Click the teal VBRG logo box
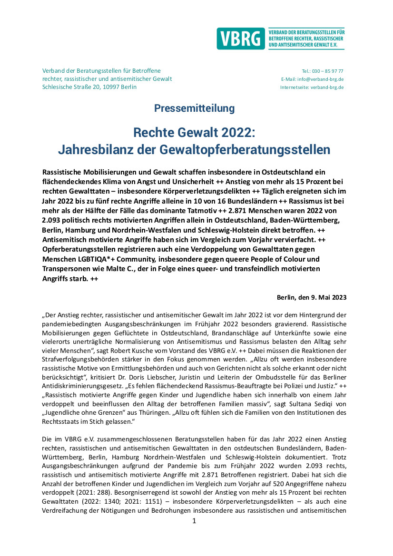[x=240, y=39]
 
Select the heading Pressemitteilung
[x=194, y=108]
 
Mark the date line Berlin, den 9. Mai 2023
[x=312, y=297]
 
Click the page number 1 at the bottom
[x=194, y=521]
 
